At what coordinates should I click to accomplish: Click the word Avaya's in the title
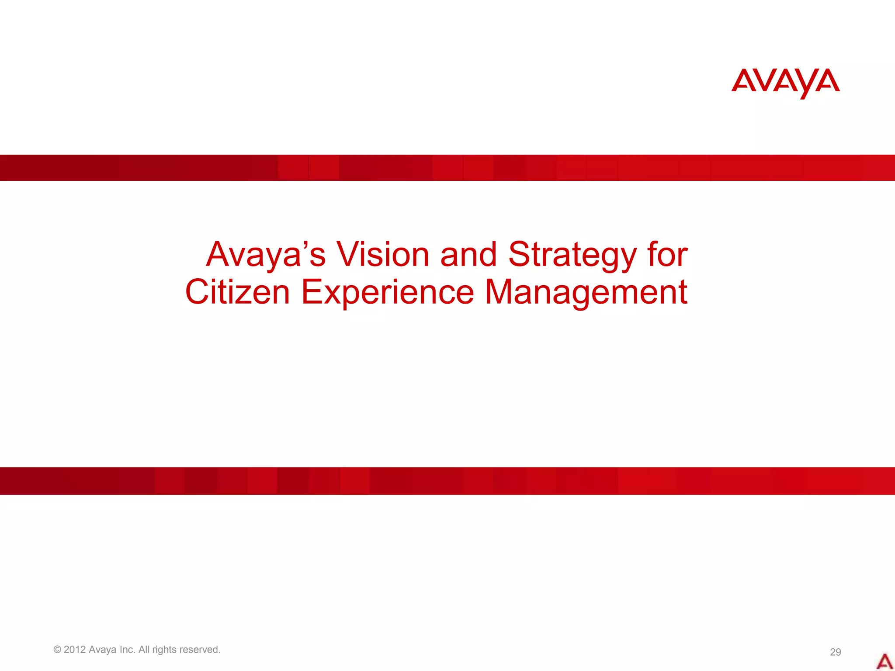click(266, 254)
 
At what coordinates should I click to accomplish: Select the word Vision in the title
click(382, 254)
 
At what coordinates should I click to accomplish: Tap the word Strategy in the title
click(572, 255)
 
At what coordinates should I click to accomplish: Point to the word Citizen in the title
click(237, 292)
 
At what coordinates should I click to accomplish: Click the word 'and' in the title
click(468, 254)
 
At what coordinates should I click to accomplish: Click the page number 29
click(835, 652)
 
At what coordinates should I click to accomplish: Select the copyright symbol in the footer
click(57, 650)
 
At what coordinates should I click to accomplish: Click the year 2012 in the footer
click(75, 650)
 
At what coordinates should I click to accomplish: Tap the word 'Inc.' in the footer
click(128, 650)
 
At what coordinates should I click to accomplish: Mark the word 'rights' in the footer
click(164, 650)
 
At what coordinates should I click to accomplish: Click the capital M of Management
click(499, 292)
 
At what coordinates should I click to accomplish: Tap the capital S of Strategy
click(520, 254)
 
